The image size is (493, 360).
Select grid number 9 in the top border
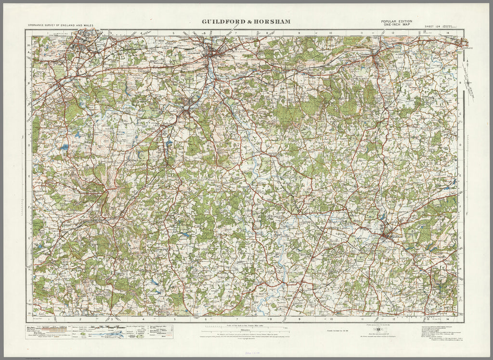[299, 33]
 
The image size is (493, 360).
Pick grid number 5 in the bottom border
[175, 319]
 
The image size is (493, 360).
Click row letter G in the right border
[460, 237]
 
